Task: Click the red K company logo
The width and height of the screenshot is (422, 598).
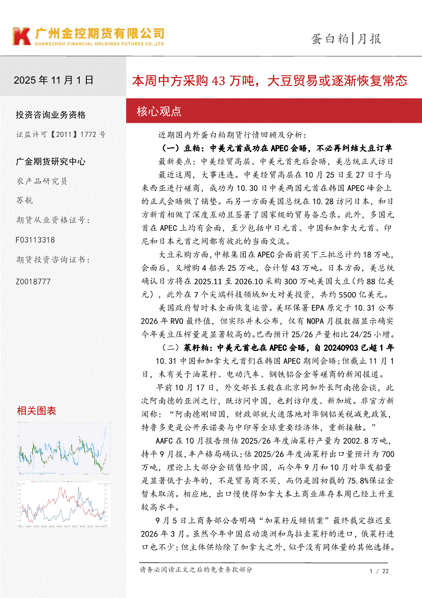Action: (22, 36)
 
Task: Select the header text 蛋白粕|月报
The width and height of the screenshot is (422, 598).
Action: (346, 38)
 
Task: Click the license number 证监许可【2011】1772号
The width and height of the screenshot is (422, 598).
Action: (61, 134)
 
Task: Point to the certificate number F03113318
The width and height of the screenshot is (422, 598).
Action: (35, 240)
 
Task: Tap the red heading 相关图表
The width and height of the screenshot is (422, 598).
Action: (36, 410)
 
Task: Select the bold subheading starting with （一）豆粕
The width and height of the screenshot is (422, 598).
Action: (276, 148)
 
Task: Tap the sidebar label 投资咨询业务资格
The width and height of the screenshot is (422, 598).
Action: (51, 115)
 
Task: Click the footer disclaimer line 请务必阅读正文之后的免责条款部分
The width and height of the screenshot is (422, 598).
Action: (196, 569)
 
